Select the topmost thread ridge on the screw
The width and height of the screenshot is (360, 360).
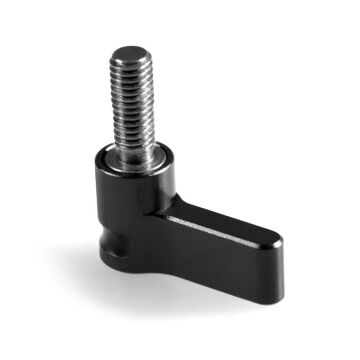[x=132, y=62]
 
